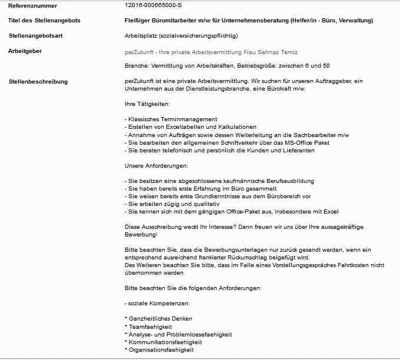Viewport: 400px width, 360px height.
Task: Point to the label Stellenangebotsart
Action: click(x=36, y=36)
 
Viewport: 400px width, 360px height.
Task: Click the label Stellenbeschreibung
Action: click(x=38, y=81)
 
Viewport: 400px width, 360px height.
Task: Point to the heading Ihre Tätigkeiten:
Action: click(x=147, y=104)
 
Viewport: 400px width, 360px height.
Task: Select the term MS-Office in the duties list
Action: click(x=297, y=142)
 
